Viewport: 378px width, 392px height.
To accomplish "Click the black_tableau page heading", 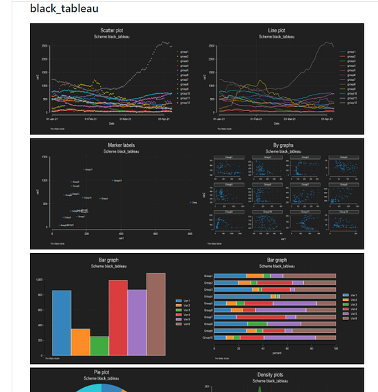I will pyautogui.click(x=64, y=9).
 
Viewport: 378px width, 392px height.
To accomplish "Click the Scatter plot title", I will pyautogui.click(x=113, y=31).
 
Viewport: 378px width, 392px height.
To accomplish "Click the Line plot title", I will pyautogui.click(x=277, y=31).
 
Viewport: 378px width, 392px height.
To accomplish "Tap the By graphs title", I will pyautogui.click(x=277, y=145).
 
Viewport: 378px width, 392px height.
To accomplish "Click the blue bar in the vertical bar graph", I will pyautogui.click(x=62, y=322).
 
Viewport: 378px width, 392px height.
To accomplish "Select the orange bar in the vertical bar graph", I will pyautogui.click(x=80, y=341).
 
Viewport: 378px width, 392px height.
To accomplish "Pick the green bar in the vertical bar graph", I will pyautogui.click(x=99, y=345).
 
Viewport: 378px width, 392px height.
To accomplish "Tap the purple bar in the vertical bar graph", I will pyautogui.click(x=137, y=322).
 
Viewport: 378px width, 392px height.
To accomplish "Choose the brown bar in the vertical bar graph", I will pyautogui.click(x=155, y=314).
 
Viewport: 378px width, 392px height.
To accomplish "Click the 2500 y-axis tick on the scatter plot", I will pyautogui.click(x=43, y=46).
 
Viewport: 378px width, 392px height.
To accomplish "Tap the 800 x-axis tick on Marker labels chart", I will pyautogui.click(x=189, y=234).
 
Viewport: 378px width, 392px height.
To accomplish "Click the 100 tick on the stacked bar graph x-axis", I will pyautogui.click(x=336, y=348).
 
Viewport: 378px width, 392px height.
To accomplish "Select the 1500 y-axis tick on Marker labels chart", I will pyautogui.click(x=45, y=157).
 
